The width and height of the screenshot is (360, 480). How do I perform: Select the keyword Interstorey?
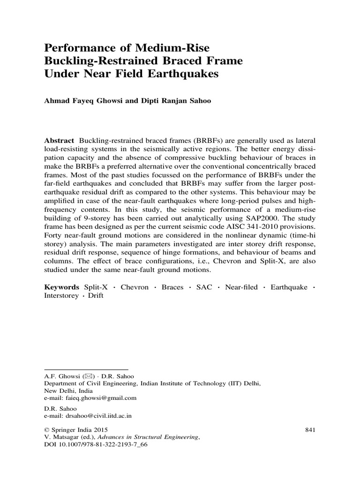click(61, 296)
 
